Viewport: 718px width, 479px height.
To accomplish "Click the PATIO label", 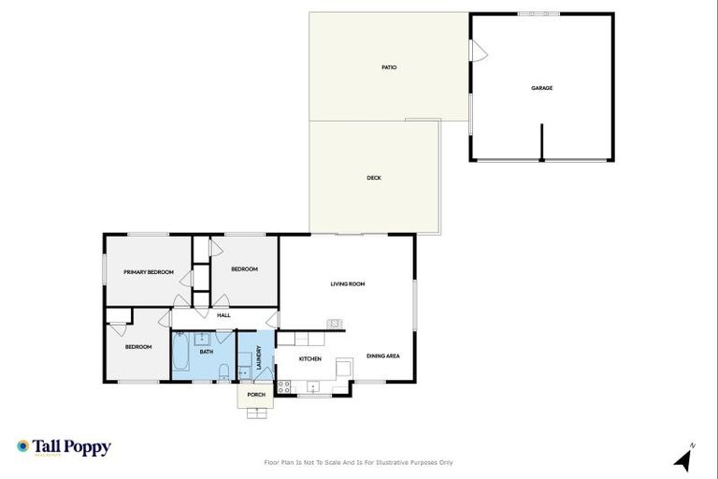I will pyautogui.click(x=389, y=67).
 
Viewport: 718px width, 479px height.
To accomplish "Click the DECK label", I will pyautogui.click(x=374, y=178).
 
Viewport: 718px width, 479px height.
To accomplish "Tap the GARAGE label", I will pyautogui.click(x=542, y=88).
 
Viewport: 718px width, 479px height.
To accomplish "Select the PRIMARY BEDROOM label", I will pyautogui.click(x=149, y=272).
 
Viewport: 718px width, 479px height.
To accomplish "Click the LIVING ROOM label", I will pyautogui.click(x=347, y=283).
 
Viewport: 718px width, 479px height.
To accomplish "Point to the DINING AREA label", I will pyautogui.click(x=384, y=356).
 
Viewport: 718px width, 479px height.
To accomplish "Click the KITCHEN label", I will pyautogui.click(x=310, y=358).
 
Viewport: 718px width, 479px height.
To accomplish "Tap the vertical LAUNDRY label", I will pyautogui.click(x=259, y=360).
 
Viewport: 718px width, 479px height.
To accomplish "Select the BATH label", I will pyautogui.click(x=207, y=352).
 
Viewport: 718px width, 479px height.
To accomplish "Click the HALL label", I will pyautogui.click(x=223, y=315).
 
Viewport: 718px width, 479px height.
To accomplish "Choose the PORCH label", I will pyautogui.click(x=256, y=395).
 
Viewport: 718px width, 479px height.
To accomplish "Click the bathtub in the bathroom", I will pyautogui.click(x=180, y=356).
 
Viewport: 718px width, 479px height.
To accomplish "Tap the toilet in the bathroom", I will pyautogui.click(x=223, y=375).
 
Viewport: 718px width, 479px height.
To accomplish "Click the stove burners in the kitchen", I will pyautogui.click(x=285, y=385).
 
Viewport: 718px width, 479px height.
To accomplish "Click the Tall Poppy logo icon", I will pyautogui.click(x=22, y=447).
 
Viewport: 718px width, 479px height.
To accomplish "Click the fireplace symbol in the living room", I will pyautogui.click(x=333, y=324).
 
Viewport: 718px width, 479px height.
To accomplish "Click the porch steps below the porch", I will pyautogui.click(x=256, y=413).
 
